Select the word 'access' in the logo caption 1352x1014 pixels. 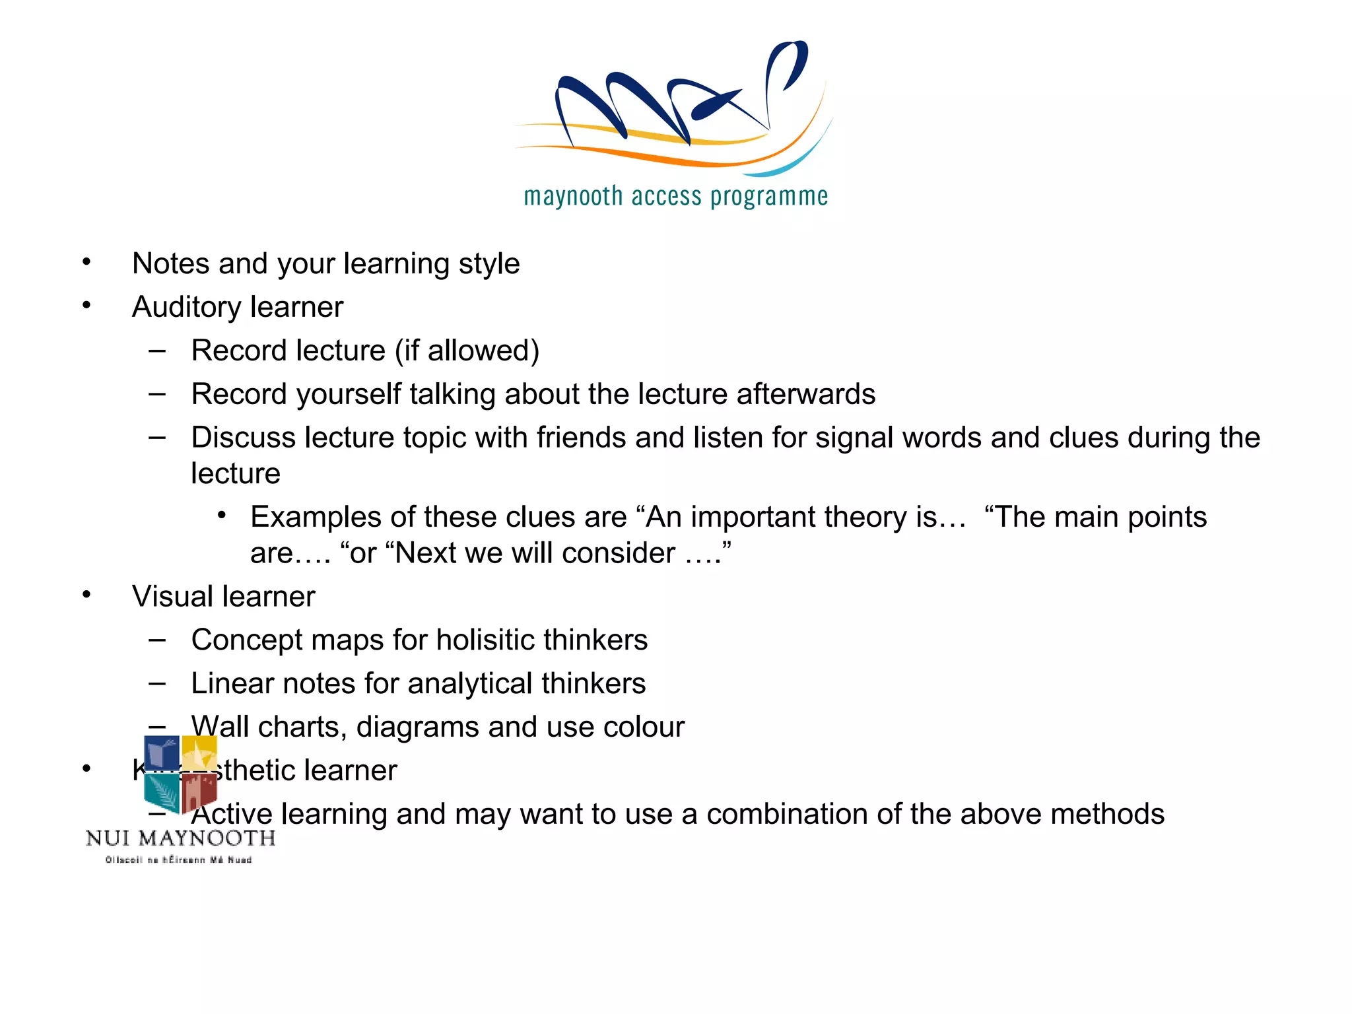pyautogui.click(x=666, y=197)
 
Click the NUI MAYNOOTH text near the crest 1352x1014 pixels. pyautogui.click(x=180, y=838)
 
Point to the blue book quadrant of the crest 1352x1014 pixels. pyautogui.click(x=162, y=753)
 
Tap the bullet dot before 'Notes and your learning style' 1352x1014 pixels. pyautogui.click(x=86, y=262)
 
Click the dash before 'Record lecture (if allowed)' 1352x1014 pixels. pyautogui.click(x=157, y=350)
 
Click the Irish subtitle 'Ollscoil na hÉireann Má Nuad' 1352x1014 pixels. pyautogui.click(x=178, y=860)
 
